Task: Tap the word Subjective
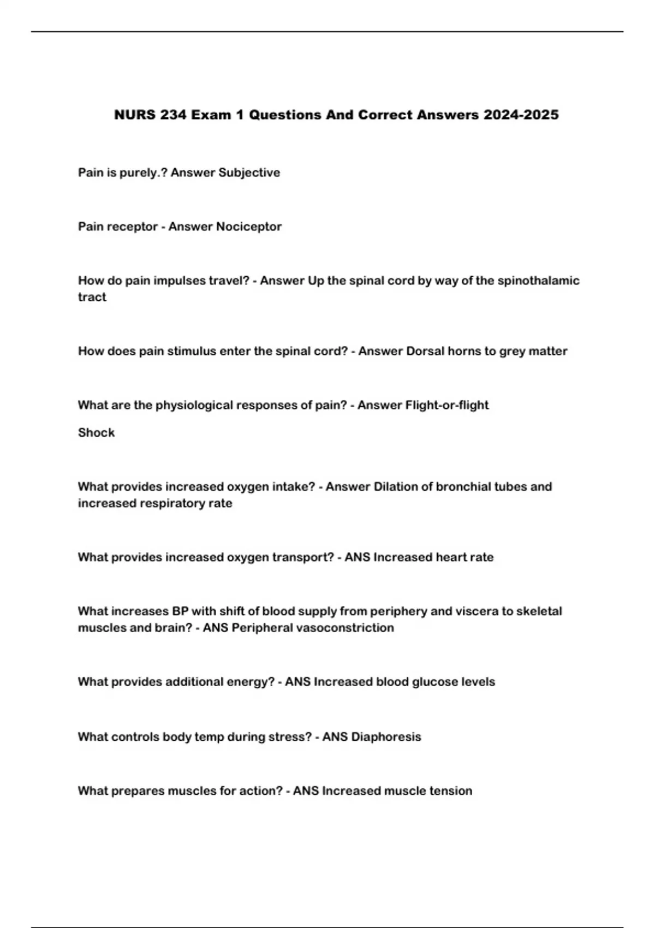click(249, 172)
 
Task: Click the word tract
click(92, 297)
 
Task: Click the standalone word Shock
click(96, 432)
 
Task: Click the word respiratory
click(171, 503)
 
